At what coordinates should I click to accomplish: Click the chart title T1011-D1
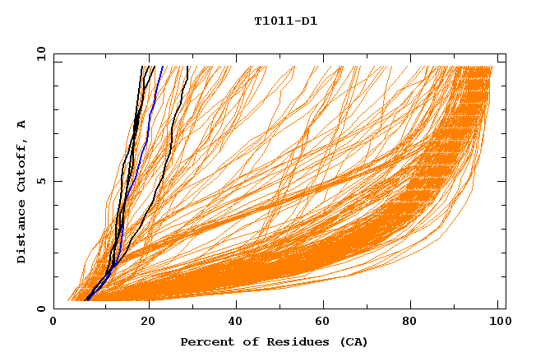[x=285, y=21]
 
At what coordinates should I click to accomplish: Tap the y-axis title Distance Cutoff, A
[x=21, y=191]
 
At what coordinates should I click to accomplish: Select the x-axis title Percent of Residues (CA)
[x=274, y=341]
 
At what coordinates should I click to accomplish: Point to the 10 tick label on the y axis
[x=40, y=53]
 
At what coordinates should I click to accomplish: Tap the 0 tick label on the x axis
[x=53, y=322]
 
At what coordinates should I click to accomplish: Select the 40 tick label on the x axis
[x=236, y=322]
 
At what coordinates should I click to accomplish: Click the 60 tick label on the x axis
[x=325, y=322]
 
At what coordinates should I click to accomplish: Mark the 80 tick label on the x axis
[x=413, y=322]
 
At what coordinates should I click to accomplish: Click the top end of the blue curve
[x=162, y=67]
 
